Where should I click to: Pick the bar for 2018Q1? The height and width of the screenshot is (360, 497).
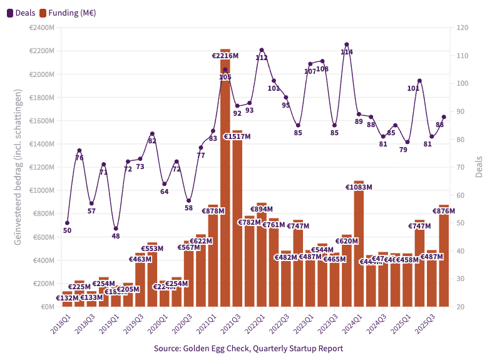point(68,299)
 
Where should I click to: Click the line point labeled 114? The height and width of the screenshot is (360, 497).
point(347,44)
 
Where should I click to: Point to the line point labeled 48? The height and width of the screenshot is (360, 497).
point(116,229)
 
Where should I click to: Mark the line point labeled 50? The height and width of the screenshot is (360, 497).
point(68,223)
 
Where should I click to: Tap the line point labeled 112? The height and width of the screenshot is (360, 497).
point(262,50)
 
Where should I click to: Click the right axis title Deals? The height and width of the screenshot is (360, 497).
point(479,167)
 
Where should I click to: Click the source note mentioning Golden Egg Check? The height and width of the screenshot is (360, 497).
point(248,348)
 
